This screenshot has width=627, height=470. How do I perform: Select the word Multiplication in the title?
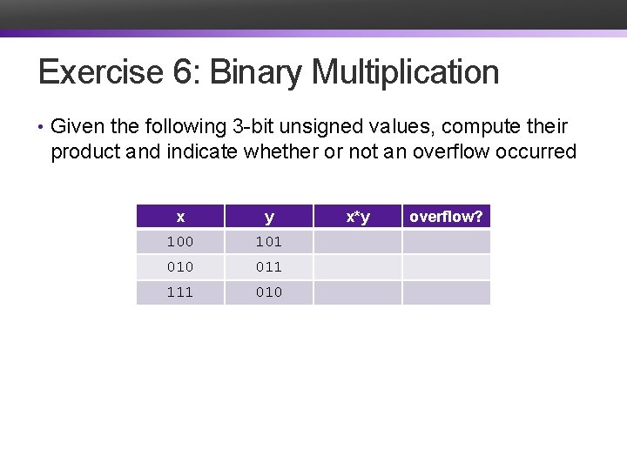(x=405, y=72)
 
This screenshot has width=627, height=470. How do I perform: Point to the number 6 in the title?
(x=184, y=72)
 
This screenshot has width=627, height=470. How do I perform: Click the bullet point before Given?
(x=41, y=128)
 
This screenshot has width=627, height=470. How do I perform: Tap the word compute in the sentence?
(x=486, y=127)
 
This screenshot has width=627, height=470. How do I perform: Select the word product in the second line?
(x=85, y=152)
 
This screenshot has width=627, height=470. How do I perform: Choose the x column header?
(x=180, y=217)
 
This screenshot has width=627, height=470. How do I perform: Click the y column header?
(x=269, y=217)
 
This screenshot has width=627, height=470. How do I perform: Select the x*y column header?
(x=358, y=217)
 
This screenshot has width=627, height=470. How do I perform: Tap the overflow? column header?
(x=446, y=217)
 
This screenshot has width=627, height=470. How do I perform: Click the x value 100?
(x=180, y=242)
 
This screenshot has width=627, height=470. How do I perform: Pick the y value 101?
(x=269, y=242)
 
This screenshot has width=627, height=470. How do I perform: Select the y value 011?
(x=269, y=267)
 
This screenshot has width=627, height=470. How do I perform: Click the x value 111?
(x=180, y=292)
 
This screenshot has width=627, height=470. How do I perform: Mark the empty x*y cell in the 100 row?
(x=358, y=242)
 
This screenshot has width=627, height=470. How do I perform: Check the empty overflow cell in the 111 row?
(x=446, y=292)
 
